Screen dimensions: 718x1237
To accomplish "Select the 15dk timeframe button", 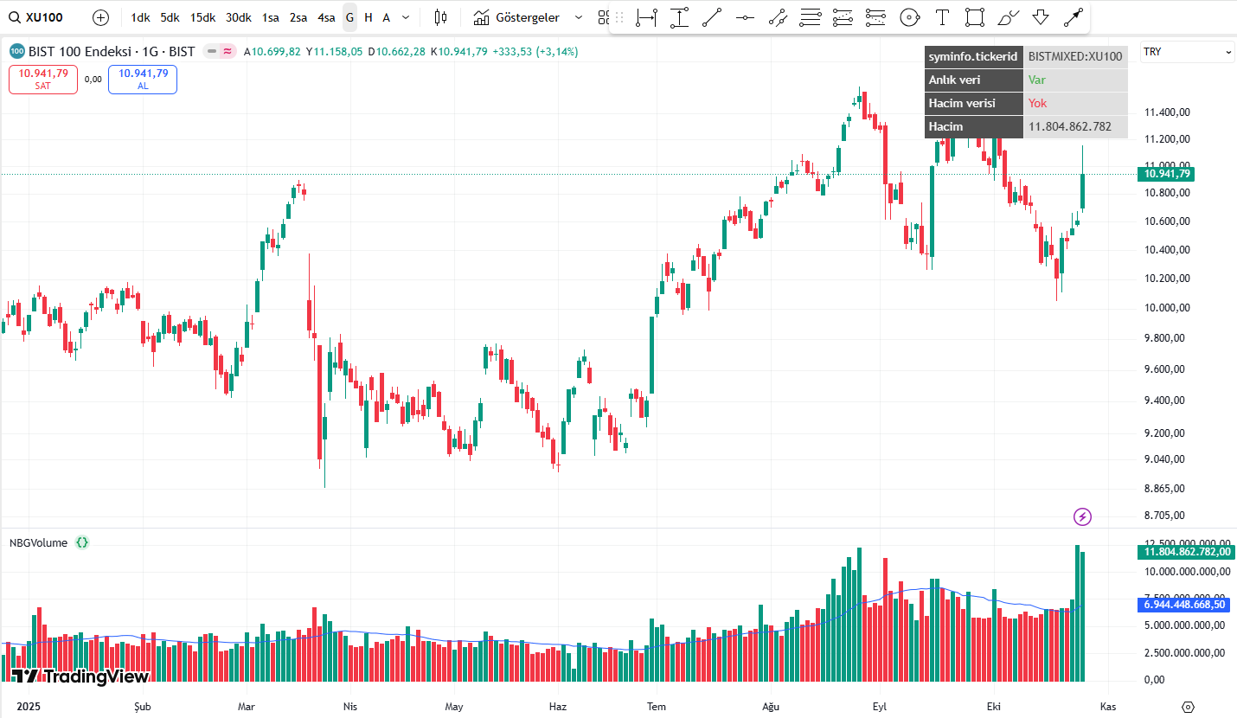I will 203,17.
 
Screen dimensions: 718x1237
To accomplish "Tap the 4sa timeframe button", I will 326,17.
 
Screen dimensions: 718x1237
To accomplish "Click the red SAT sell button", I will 43,79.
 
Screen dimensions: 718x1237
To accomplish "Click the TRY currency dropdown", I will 1188,52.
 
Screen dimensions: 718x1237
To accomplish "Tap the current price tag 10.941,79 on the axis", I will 1167,174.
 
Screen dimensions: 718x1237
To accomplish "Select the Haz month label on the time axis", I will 558,707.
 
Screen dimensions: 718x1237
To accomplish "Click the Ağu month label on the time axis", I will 770,707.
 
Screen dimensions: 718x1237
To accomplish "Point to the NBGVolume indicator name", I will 38,543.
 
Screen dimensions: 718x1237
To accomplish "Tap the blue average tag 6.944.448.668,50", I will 1183,604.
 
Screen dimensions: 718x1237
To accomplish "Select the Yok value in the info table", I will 1037,103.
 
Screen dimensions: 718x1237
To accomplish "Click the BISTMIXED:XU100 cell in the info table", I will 1075,57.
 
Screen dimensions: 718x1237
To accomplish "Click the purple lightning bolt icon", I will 1082,517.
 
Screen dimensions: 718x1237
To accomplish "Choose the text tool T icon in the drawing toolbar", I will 942,17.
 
